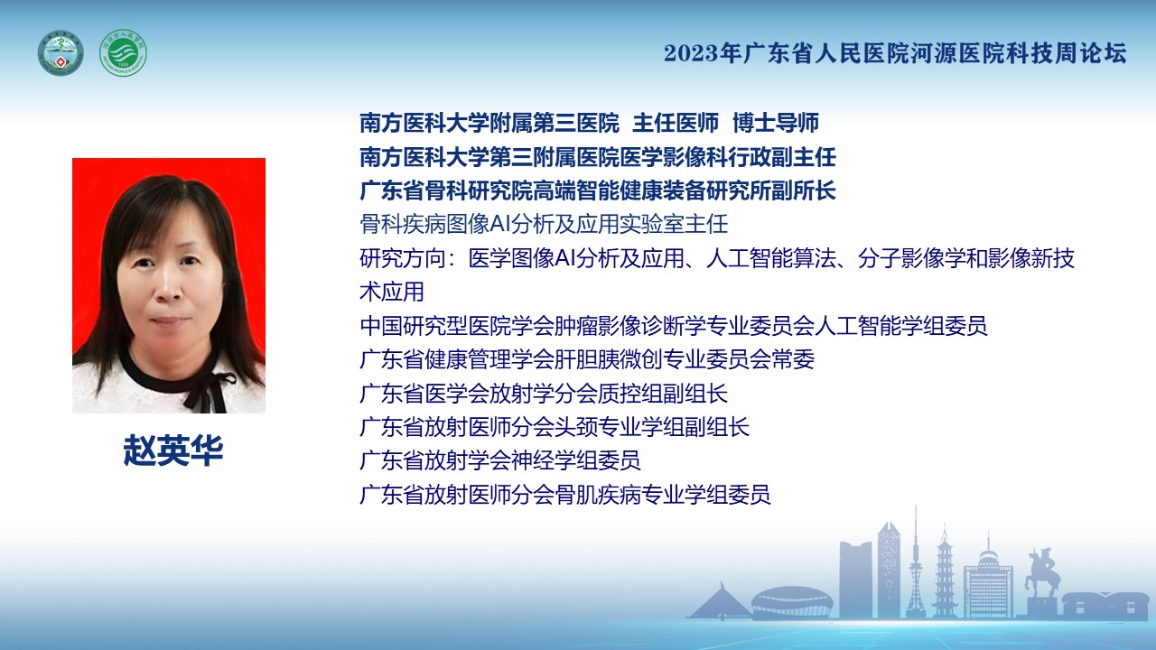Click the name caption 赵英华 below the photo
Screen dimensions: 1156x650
click(x=173, y=450)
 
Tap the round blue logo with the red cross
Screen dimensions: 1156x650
click(x=61, y=53)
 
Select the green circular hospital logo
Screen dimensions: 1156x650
click(x=123, y=53)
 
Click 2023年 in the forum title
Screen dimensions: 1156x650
click(x=702, y=53)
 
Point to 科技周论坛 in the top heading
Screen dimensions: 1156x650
click(x=1067, y=53)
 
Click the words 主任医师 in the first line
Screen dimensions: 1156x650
click(x=676, y=123)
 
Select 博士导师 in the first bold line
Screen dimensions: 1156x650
click(x=776, y=123)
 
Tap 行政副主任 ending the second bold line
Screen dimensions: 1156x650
click(x=782, y=157)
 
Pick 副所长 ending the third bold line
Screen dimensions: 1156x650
click(x=804, y=190)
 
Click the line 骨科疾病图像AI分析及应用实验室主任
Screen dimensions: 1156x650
click(x=544, y=225)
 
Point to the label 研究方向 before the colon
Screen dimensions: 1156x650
click(x=403, y=258)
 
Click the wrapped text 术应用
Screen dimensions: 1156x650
click(x=392, y=292)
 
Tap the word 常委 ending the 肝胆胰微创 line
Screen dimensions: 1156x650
click(x=793, y=359)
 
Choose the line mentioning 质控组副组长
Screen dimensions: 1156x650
click(x=544, y=393)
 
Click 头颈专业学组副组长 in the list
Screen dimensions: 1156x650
click(x=652, y=427)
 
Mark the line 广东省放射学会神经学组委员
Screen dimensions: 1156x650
click(x=500, y=460)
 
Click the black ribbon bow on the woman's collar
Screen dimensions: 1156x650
click(x=207, y=388)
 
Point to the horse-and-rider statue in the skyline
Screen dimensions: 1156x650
click(x=1040, y=572)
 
